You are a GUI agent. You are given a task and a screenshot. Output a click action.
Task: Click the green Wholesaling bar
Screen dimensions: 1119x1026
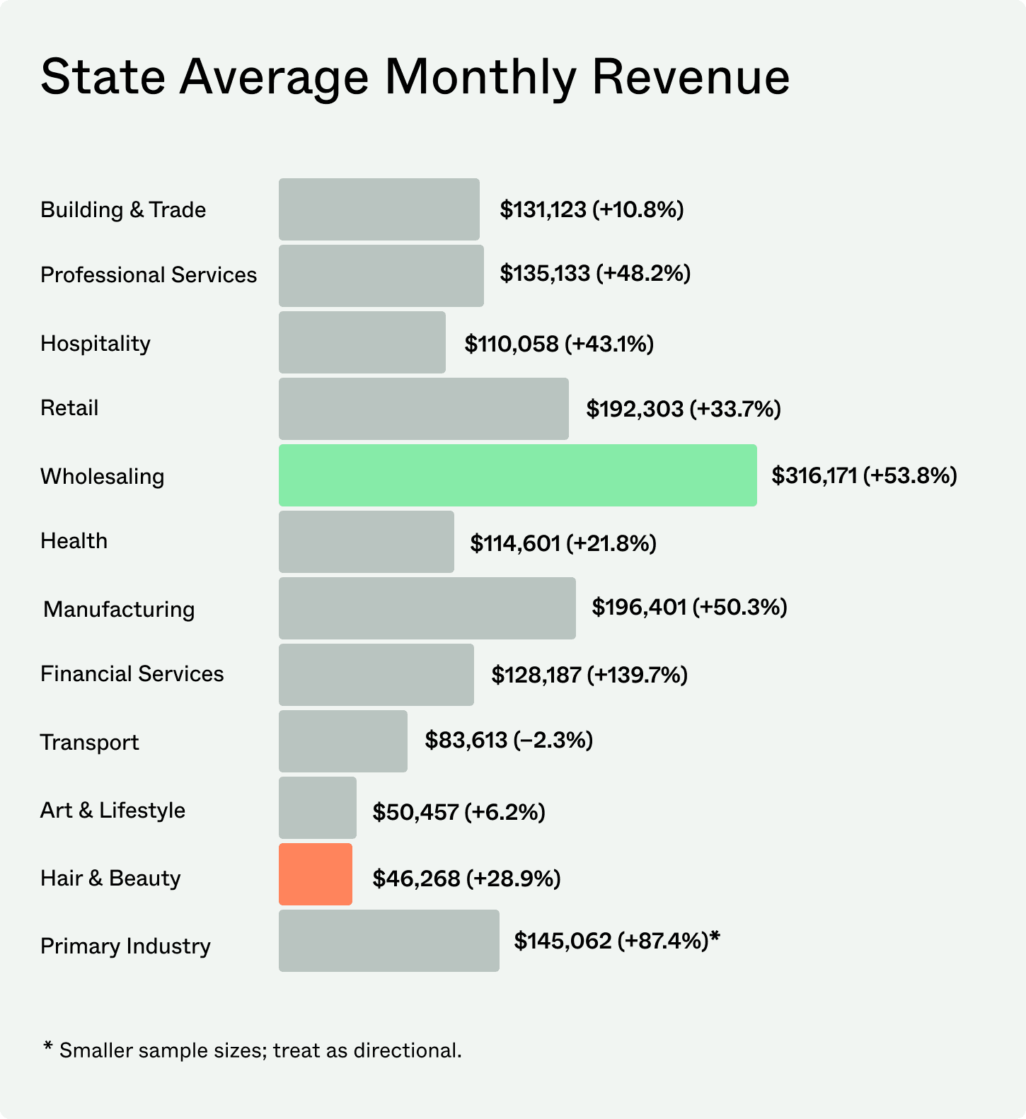pos(517,475)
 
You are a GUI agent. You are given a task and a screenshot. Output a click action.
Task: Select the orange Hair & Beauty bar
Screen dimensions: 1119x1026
pos(316,874)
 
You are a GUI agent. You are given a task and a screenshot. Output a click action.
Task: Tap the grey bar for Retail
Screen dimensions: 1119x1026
pos(423,409)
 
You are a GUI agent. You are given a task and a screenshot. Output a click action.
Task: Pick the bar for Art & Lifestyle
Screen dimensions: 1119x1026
pos(318,808)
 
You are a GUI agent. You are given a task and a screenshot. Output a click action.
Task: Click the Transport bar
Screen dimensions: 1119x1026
pos(343,741)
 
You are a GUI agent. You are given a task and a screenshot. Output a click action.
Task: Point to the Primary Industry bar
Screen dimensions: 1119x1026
pos(388,941)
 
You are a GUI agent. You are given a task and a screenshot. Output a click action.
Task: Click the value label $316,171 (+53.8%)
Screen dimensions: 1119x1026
pos(864,475)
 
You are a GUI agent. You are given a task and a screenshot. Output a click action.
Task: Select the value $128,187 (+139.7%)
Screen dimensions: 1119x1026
pos(589,675)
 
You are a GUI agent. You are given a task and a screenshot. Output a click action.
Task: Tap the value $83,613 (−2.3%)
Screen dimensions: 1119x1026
pos(509,741)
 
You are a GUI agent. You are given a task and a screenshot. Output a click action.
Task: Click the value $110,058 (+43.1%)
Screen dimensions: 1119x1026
pos(559,344)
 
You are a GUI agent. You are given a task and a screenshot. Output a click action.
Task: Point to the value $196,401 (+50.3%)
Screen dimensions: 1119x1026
pos(689,607)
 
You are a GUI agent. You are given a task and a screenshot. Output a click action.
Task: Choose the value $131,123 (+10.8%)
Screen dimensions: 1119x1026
pos(592,209)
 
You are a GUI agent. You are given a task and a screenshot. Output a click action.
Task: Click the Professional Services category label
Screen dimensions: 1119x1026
pos(149,275)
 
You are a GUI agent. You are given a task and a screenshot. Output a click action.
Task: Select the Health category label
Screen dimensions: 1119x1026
pos(74,541)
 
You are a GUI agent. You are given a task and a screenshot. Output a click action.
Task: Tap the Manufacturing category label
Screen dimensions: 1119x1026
pos(119,609)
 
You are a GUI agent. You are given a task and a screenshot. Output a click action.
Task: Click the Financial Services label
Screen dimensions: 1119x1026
pos(132,674)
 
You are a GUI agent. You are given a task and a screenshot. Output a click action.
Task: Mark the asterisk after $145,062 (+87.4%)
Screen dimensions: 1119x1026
pos(715,937)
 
